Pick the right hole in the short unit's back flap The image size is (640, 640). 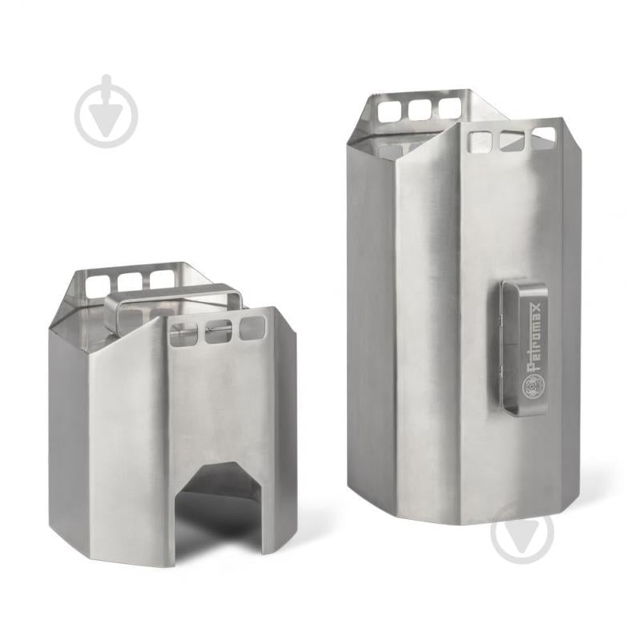(x=163, y=279)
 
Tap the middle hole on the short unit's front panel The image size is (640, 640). (x=218, y=331)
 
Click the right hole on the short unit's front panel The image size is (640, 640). (x=252, y=328)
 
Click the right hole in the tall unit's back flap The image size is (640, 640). (x=450, y=107)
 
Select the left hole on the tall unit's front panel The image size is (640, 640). (x=480, y=142)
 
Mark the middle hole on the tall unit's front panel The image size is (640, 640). (x=512, y=140)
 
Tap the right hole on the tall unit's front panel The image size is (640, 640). (x=543, y=136)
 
